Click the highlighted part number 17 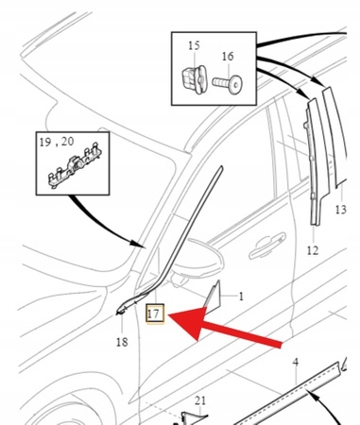click(155, 314)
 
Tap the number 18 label click(122, 342)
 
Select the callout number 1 click(241, 297)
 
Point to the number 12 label click(313, 250)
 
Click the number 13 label click(340, 210)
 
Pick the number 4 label click(296, 363)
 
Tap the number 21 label click(200, 400)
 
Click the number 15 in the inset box click(194, 45)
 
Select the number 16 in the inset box click(228, 57)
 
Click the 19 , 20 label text click(57, 142)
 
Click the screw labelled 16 click(227, 84)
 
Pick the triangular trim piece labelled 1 click(213, 295)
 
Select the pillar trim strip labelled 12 click(316, 163)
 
